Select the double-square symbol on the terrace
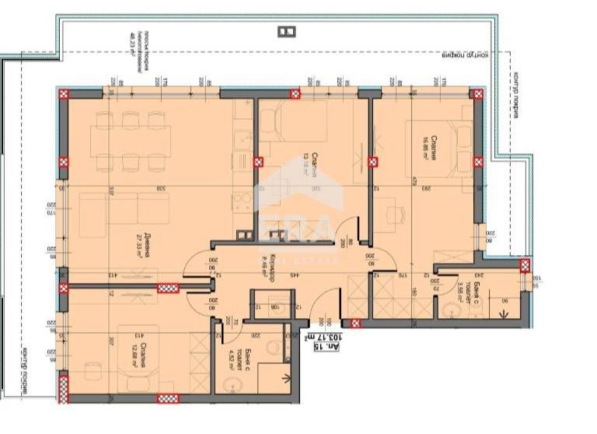(x=286, y=30)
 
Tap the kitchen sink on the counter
(x=242, y=141)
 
